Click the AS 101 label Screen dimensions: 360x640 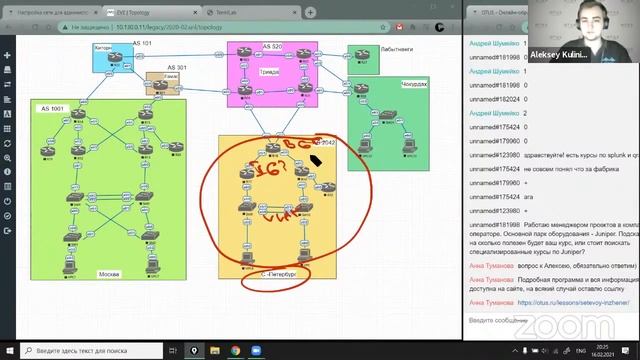pyautogui.click(x=143, y=44)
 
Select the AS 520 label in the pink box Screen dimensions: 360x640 pyautogui.click(x=272, y=46)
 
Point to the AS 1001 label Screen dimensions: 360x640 pyautogui.click(x=53, y=107)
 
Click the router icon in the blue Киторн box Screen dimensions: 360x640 pyautogui.click(x=115, y=63)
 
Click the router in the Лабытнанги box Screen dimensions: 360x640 pyautogui.click(x=363, y=62)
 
